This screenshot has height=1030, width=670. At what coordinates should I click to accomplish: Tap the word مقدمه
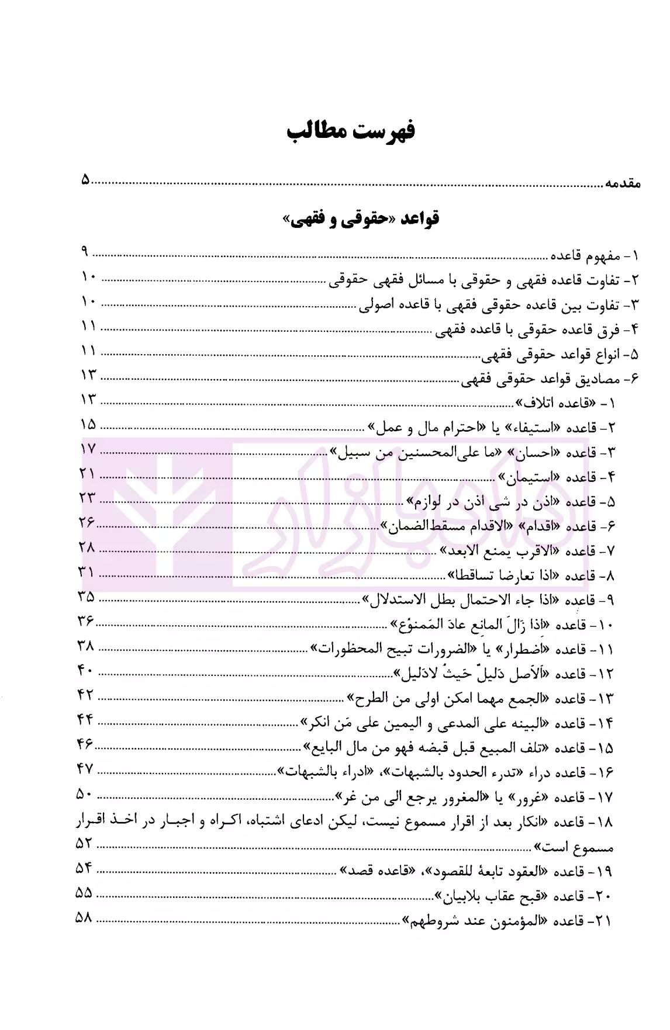[623, 182]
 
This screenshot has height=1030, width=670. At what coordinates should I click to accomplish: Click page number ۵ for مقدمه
[86, 181]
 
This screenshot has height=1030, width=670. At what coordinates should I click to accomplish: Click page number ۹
[85, 252]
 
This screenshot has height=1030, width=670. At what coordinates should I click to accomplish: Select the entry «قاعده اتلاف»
[552, 404]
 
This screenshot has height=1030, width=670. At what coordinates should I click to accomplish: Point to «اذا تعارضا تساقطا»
[497, 576]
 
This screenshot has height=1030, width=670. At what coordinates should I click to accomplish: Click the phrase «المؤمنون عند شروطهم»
[477, 921]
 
